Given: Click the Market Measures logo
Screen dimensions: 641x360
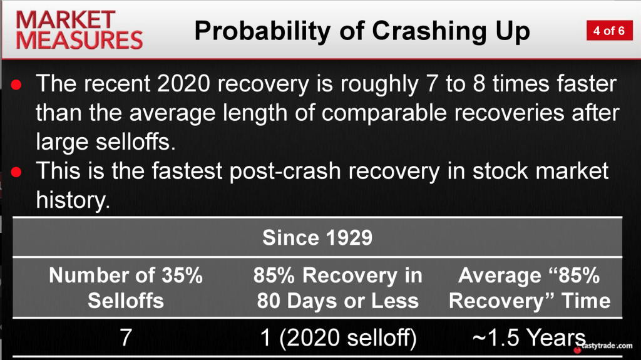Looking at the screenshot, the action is (x=79, y=30).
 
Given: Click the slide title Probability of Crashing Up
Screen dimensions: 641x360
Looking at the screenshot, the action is (x=362, y=31).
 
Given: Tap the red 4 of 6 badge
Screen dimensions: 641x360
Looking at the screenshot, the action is (x=609, y=31).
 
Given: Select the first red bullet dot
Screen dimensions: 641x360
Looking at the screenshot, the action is (x=16, y=85).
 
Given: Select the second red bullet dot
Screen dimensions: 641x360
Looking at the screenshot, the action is (x=16, y=172).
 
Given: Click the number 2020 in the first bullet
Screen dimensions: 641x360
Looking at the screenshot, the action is (x=183, y=84).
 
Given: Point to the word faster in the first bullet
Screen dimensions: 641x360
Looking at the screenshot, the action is (x=586, y=84).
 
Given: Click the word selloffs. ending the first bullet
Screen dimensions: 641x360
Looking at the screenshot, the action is (x=135, y=142).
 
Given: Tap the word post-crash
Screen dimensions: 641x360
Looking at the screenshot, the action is (x=285, y=172).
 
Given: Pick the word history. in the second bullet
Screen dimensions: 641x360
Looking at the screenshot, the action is (x=73, y=200).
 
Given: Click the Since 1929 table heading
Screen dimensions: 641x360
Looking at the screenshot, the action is (x=317, y=238).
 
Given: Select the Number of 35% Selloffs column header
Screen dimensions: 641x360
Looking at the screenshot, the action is (x=126, y=288).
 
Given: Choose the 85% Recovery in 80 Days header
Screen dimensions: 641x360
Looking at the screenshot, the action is (x=337, y=288).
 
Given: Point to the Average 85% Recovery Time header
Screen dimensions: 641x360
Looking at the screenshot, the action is (x=530, y=288).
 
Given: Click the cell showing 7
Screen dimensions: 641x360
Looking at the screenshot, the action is (x=126, y=338).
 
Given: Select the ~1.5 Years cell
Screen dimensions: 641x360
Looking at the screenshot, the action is (x=529, y=338).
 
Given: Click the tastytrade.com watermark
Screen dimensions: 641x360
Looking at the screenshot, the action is (x=603, y=346).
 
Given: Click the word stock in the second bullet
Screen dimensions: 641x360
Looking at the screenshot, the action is (x=500, y=171).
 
